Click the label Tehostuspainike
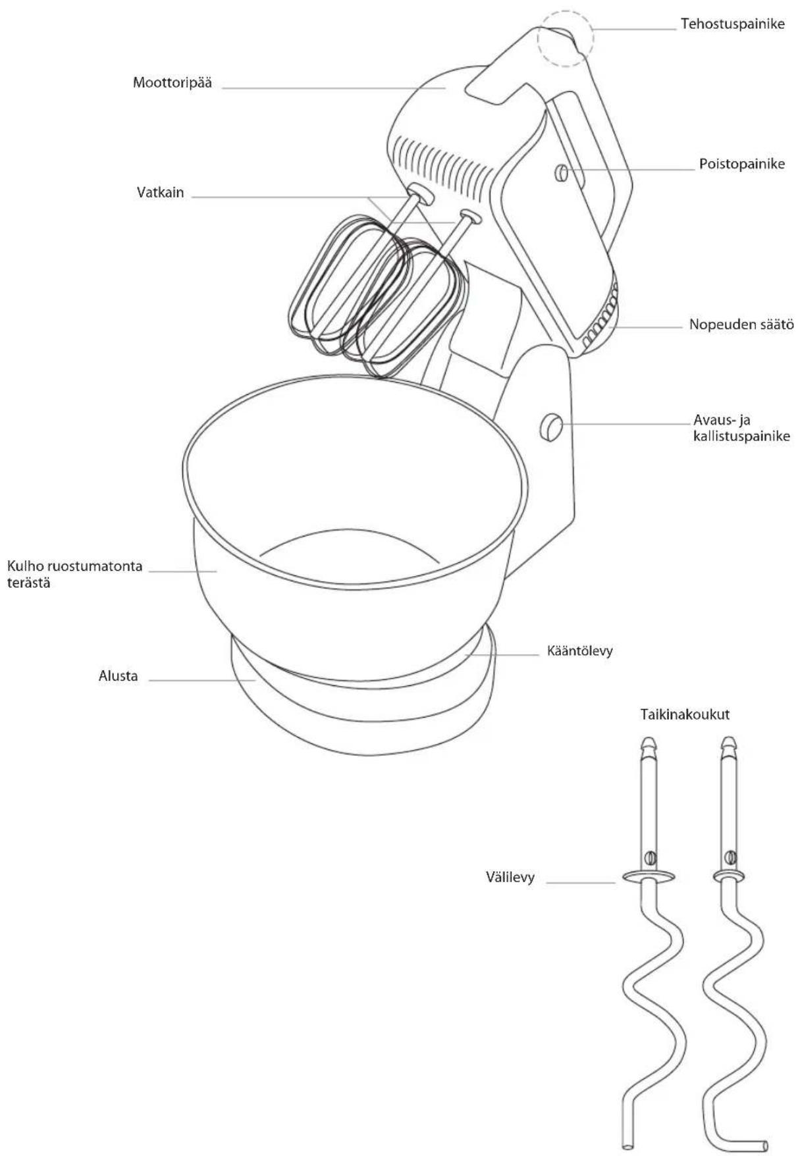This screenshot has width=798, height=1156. click(x=732, y=25)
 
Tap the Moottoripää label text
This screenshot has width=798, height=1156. click(x=173, y=83)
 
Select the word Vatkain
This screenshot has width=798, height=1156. click(x=160, y=193)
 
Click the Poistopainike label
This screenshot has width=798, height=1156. click(x=742, y=164)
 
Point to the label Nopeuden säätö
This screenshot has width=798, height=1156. click(x=741, y=325)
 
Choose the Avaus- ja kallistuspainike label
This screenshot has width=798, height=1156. click(x=741, y=427)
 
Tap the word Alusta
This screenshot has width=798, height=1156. click(x=119, y=676)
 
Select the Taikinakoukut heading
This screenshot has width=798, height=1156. click(x=685, y=714)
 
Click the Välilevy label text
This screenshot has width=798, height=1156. click(x=510, y=877)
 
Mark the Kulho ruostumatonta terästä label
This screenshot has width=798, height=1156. click(x=74, y=574)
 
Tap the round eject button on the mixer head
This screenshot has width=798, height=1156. click(x=561, y=172)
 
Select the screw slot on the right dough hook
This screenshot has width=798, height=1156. click(x=730, y=856)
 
